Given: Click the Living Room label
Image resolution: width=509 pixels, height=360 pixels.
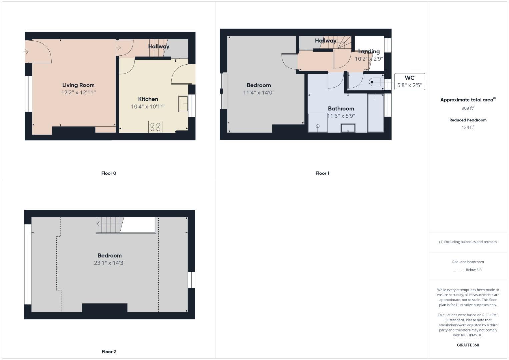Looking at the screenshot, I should [x=78, y=85].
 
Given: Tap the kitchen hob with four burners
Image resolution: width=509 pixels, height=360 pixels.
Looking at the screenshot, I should [x=155, y=127].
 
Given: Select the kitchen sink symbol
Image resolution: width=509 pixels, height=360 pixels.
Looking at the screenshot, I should [x=183, y=104].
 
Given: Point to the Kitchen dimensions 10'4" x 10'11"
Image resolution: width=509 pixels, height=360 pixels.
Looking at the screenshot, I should [x=148, y=107].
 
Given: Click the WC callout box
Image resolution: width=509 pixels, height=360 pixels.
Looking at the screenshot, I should [x=409, y=82].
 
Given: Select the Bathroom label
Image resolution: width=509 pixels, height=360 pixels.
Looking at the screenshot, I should [x=341, y=108].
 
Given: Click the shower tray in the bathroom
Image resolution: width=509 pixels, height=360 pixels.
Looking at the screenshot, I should [x=317, y=123].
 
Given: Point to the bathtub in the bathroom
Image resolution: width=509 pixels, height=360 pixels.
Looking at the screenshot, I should [x=376, y=113].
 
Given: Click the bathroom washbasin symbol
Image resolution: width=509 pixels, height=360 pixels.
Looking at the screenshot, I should [x=348, y=128].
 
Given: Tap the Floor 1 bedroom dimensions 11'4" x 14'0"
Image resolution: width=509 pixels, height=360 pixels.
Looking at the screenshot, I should [x=259, y=93].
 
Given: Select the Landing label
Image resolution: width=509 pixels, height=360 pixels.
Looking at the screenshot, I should [x=369, y=51].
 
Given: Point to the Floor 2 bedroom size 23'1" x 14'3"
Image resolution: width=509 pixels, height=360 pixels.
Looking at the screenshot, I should [x=110, y=263].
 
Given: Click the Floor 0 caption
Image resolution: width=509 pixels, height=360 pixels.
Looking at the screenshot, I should [x=109, y=173].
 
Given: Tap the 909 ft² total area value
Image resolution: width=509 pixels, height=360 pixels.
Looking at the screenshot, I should [x=468, y=108].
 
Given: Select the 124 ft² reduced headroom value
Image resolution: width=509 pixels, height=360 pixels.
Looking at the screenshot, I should [x=468, y=128].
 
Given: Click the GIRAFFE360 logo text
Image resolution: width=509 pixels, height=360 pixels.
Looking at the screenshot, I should [x=468, y=345].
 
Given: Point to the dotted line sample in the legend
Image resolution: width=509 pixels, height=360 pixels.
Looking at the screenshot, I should [x=459, y=270].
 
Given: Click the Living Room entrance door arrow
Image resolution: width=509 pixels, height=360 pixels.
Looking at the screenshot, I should [x=26, y=52].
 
